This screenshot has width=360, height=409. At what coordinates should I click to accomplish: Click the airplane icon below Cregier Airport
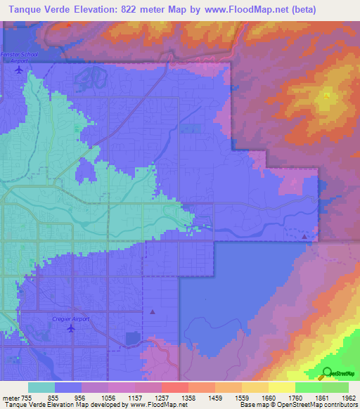(70, 329)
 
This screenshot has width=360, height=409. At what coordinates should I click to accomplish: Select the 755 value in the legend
(26, 397)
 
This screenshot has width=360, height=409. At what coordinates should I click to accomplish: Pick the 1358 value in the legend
(188, 397)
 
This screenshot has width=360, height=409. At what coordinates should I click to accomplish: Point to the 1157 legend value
(134, 397)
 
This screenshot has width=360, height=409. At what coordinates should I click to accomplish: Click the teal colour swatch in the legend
(41, 387)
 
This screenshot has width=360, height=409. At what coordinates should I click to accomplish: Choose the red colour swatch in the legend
(174, 387)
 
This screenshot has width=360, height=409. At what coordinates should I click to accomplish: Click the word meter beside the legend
(8, 397)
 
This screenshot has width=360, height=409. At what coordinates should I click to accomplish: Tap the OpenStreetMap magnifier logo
(327, 373)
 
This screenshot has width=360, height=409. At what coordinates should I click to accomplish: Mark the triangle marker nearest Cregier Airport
(153, 311)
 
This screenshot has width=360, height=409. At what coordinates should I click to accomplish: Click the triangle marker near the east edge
(304, 237)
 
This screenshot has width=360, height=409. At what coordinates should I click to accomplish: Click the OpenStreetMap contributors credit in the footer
(322, 405)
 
